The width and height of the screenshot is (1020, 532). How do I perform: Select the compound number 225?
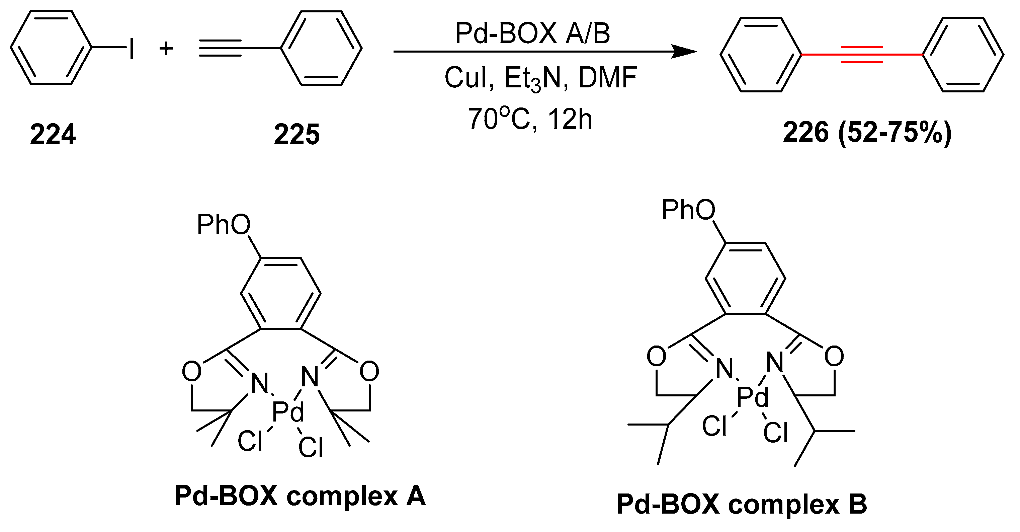[x=296, y=135]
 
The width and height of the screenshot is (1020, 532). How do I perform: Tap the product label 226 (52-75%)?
[x=867, y=133]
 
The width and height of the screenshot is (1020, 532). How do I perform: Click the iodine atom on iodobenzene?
[x=132, y=49]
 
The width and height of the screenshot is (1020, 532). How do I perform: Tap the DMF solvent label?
[x=607, y=78]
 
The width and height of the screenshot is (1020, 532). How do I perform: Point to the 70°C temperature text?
[x=499, y=119]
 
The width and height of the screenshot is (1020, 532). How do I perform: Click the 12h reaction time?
[x=570, y=119]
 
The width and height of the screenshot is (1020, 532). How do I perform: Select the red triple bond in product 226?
[x=862, y=55]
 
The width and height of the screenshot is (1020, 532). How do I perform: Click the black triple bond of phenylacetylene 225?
[x=220, y=48]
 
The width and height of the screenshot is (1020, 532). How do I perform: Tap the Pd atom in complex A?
[x=288, y=412]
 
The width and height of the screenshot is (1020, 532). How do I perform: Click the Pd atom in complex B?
[x=752, y=397]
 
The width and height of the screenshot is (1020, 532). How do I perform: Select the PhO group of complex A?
[x=224, y=225]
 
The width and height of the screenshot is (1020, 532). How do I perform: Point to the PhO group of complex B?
[x=688, y=210]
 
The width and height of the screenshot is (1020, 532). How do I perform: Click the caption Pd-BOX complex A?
[x=300, y=496]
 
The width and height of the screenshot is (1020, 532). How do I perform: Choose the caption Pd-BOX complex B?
[x=741, y=504]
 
